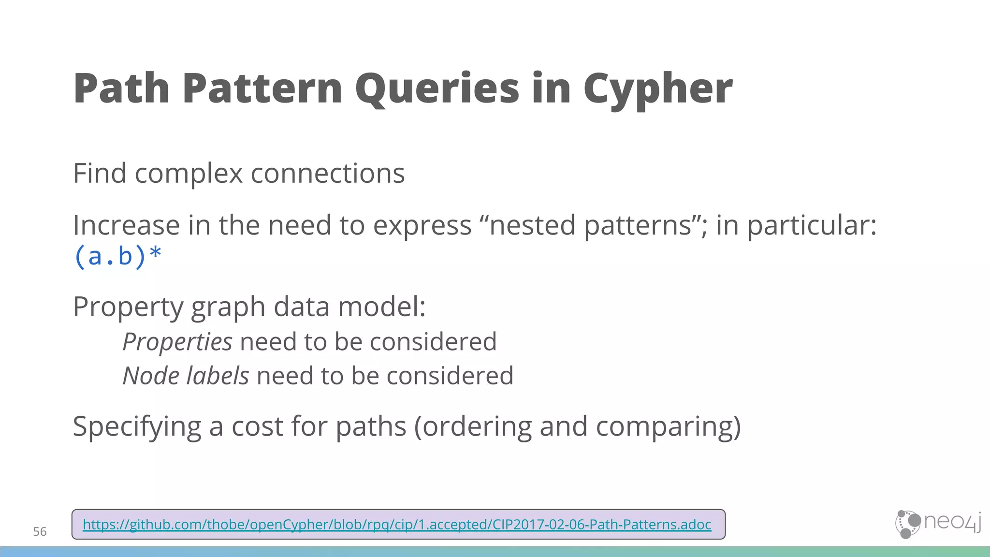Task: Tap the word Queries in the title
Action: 437,89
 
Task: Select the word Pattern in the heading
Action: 262,89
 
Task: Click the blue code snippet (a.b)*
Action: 117,256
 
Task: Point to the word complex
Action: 189,174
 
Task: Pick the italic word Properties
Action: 177,342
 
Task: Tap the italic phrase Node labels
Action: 186,376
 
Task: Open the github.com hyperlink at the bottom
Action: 396,525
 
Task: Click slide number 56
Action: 40,532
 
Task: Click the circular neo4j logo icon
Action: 908,524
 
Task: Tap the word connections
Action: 327,174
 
